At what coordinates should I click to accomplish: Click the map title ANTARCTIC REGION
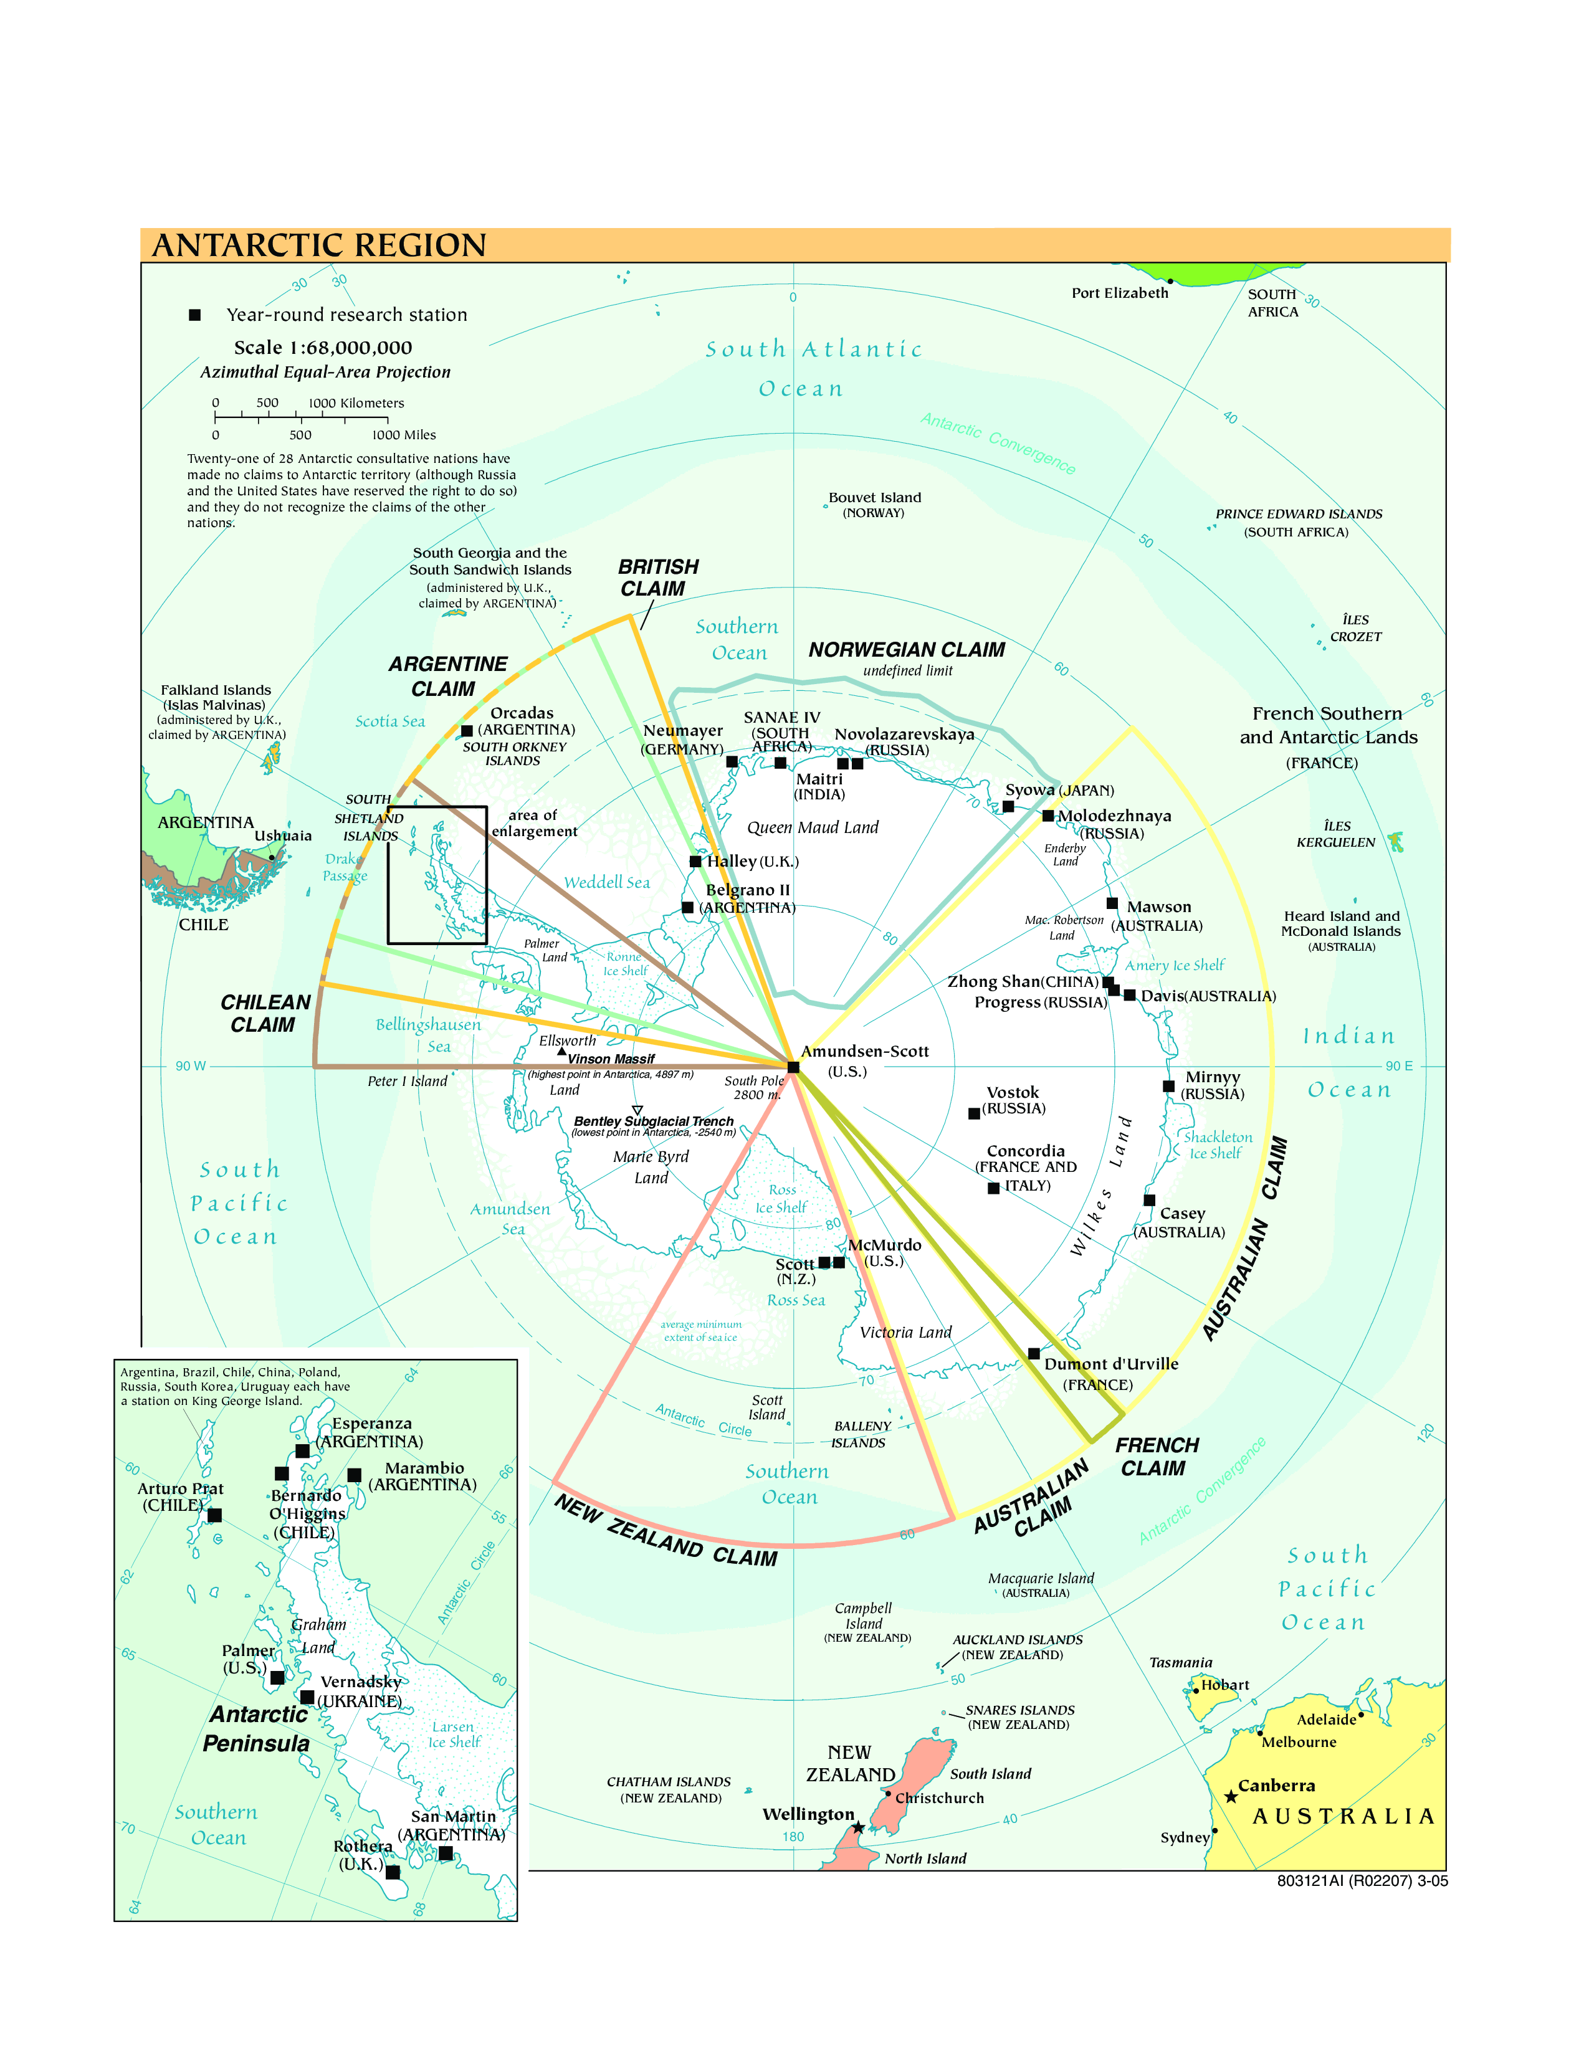coord(319,245)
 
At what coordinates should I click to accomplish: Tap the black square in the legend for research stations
coord(195,315)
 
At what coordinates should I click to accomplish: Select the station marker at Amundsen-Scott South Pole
coord(793,1067)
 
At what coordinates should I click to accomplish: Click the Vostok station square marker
coord(975,1114)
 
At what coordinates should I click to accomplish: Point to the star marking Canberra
coord(1230,1797)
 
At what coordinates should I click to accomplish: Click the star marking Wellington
coord(857,1827)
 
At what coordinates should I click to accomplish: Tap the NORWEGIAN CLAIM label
coord(907,650)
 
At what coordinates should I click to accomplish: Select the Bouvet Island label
coord(874,498)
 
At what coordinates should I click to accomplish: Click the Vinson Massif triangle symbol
coord(562,1050)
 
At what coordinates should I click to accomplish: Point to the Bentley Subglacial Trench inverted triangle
coord(637,1111)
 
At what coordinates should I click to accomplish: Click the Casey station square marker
coord(1150,1201)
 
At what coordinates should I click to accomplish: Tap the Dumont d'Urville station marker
coord(1034,1354)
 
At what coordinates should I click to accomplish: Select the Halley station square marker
coord(695,862)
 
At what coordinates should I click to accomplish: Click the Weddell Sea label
coord(607,882)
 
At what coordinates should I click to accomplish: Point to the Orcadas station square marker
coord(467,731)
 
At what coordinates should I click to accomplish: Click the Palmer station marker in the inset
coord(277,1678)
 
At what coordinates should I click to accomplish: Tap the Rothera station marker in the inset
coord(393,1872)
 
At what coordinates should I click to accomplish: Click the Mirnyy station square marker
coord(1168,1087)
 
